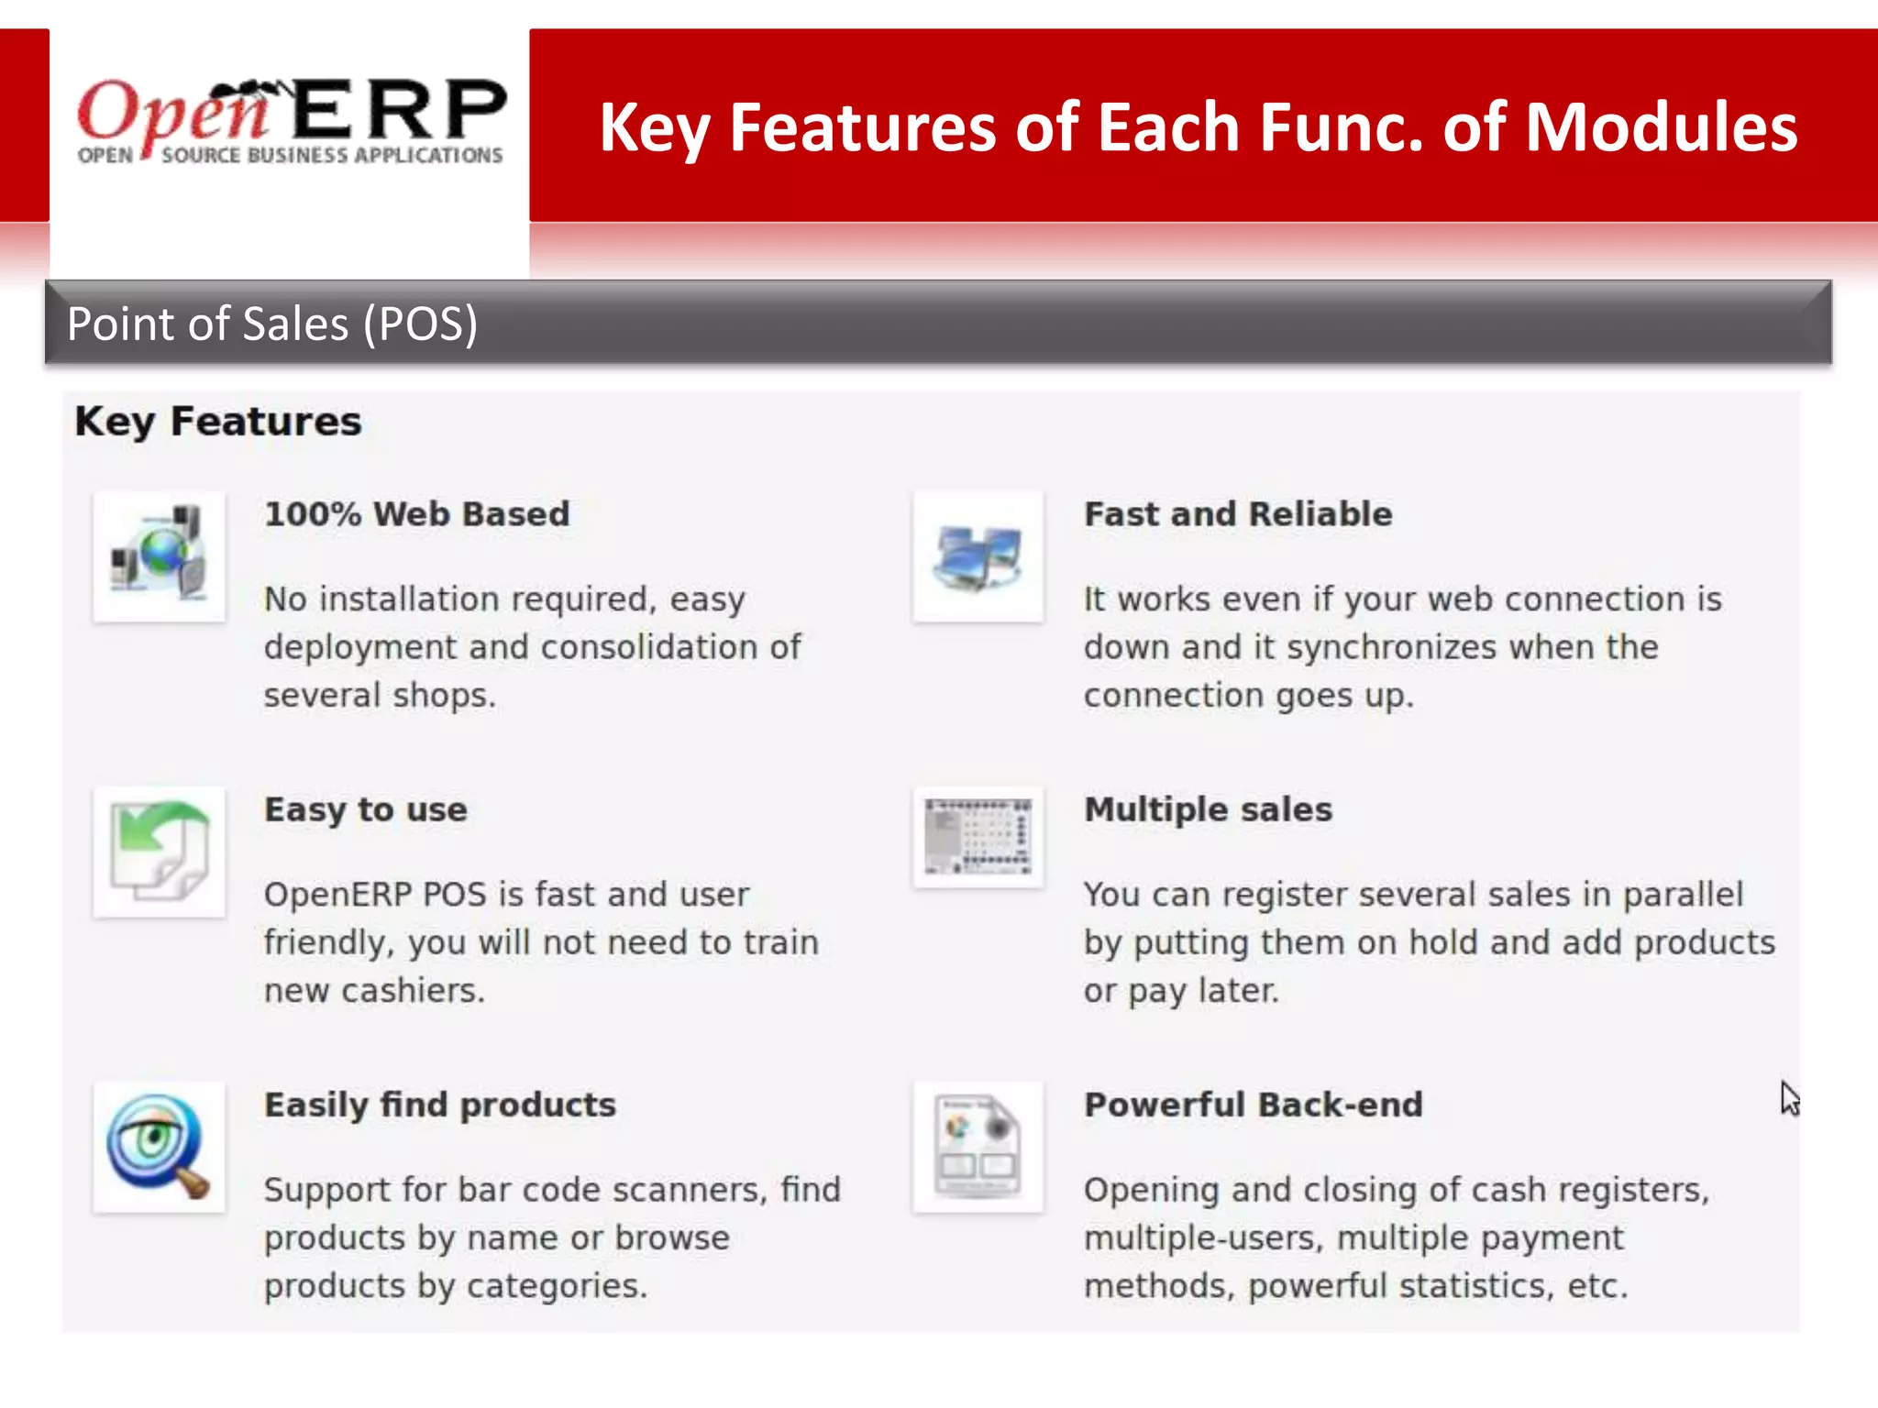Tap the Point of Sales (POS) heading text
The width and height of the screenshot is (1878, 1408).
272,324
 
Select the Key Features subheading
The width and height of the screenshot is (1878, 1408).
218,422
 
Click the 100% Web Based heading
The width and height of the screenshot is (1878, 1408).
417,514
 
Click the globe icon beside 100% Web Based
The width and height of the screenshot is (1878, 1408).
160,556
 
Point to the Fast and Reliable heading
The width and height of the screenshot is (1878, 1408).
1238,514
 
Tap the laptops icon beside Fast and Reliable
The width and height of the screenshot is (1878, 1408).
978,556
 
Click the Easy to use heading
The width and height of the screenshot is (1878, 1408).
366,809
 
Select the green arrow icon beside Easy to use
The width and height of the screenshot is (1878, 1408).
160,852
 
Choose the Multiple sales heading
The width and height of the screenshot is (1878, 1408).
1208,809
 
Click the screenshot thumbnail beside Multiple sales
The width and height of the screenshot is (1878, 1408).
978,837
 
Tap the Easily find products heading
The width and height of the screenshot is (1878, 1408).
440,1105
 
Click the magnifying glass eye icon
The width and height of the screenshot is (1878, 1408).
160,1147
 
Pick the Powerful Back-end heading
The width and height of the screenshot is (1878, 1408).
1254,1105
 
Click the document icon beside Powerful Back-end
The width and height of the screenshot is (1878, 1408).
978,1147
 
